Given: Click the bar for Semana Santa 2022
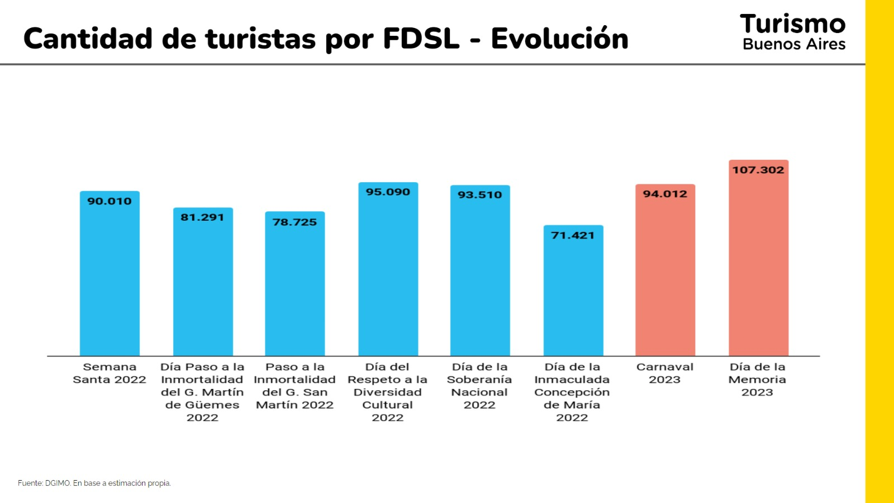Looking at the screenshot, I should tap(110, 279).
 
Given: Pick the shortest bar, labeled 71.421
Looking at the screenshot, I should tap(573, 296).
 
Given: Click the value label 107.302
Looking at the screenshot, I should tap(758, 170).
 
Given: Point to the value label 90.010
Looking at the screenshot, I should tap(110, 201).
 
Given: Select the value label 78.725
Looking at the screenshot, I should tap(294, 222).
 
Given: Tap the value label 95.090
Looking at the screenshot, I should tap(388, 192).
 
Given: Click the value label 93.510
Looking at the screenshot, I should tap(480, 194).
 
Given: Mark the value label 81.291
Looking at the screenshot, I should tap(202, 217).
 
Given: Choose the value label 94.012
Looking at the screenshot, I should tap(665, 194).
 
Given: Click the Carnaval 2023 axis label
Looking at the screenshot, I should tap(665, 373).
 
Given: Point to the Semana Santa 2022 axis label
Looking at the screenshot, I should tap(110, 373).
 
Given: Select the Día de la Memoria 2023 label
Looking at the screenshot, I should tap(758, 379).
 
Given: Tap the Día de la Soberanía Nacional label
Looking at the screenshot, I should tap(479, 386).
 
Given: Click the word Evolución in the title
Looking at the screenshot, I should tap(559, 39).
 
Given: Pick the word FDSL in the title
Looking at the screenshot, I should tap(421, 39).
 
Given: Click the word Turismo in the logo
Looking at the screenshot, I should tap(793, 24).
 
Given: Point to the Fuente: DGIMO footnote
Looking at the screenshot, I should tap(94, 483).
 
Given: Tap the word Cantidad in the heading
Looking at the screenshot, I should tap(88, 39).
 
